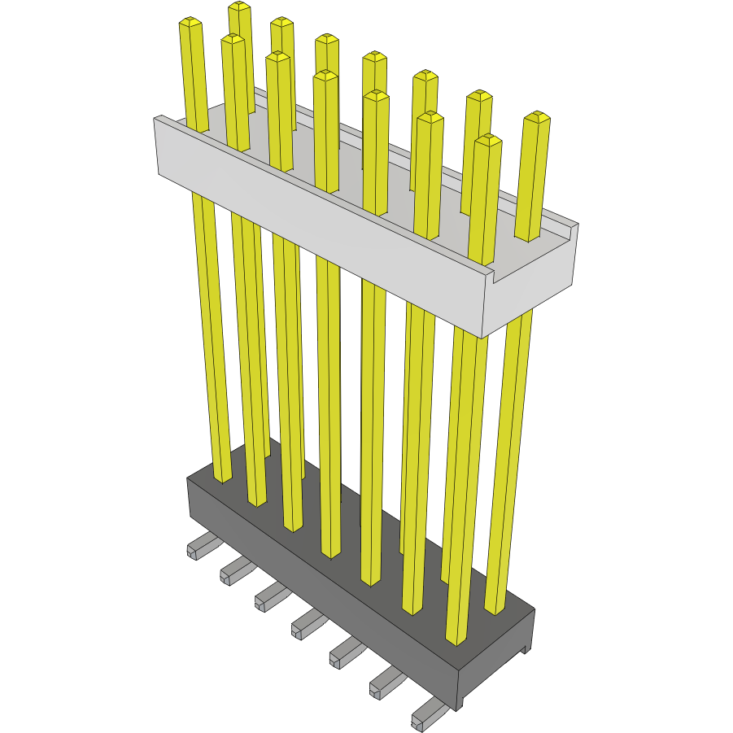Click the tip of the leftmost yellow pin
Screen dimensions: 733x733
click(x=190, y=24)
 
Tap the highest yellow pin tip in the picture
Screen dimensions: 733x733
click(x=238, y=7)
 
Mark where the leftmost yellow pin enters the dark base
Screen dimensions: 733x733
click(x=222, y=479)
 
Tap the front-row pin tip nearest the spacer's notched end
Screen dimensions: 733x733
click(x=487, y=140)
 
